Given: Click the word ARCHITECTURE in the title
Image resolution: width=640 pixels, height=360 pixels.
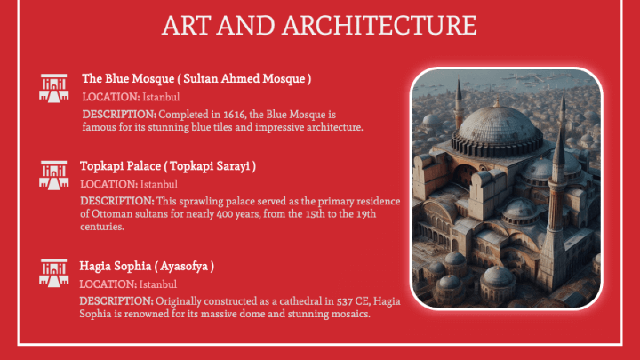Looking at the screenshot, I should click(x=386, y=26).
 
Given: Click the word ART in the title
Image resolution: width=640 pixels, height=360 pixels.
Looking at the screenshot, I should click(x=188, y=26).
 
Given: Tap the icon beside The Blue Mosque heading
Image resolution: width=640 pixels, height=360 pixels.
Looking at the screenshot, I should click(x=54, y=86).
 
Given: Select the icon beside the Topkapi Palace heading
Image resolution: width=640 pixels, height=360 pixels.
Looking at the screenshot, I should click(x=54, y=173).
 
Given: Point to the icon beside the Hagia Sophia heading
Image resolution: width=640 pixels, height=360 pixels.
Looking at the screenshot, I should click(x=54, y=273).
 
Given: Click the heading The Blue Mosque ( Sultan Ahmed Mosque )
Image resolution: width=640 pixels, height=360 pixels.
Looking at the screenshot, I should click(x=196, y=79).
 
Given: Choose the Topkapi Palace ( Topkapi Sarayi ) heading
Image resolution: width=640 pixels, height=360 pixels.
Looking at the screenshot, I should click(x=168, y=166).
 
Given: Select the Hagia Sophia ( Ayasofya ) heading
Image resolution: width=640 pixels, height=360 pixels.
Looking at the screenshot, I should click(x=147, y=267).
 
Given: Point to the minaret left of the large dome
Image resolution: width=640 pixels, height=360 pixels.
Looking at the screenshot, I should click(x=459, y=107).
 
